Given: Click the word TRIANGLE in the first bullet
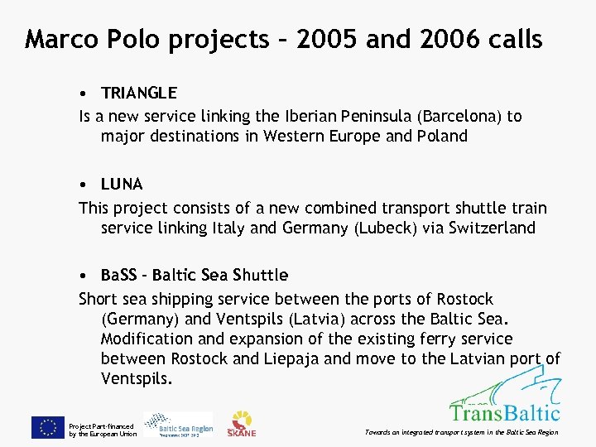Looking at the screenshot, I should click(138, 93).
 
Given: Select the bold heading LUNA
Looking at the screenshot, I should click(122, 184).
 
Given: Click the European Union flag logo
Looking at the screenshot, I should click(48, 427).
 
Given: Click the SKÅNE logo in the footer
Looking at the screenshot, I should click(243, 424).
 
